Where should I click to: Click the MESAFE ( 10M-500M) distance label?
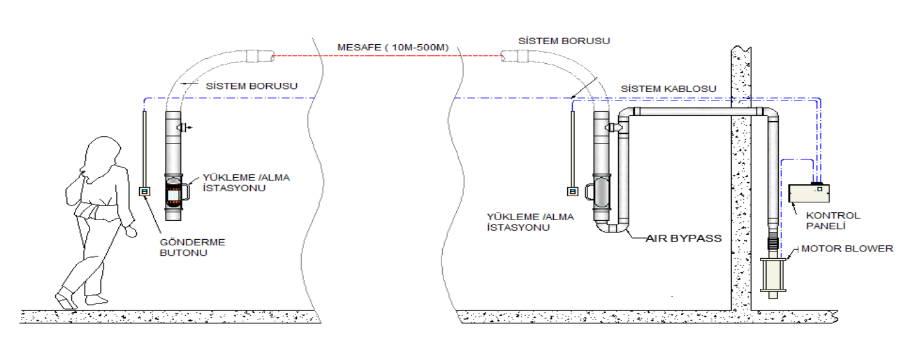(x=392, y=47)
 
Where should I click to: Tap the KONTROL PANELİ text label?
(x=833, y=221)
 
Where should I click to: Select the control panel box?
(x=809, y=193)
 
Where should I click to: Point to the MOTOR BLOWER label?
(x=847, y=248)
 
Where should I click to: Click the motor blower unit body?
(x=773, y=275)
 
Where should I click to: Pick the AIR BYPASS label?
(x=684, y=238)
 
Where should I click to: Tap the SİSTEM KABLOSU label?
(x=668, y=89)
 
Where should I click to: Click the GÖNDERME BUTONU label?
(x=193, y=247)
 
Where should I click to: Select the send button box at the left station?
(x=145, y=191)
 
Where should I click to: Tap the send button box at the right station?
(x=573, y=191)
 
